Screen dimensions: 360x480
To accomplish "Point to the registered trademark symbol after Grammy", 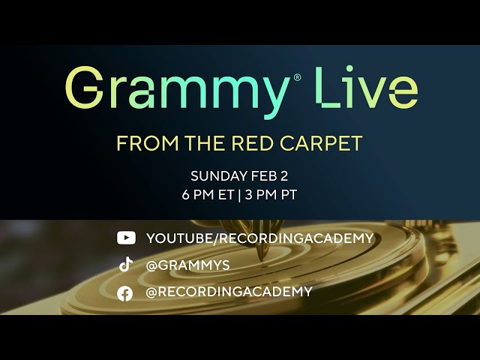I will click(x=297, y=77).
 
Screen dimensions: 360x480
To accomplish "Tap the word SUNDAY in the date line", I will click(x=218, y=177).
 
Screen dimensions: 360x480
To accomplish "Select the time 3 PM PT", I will click(x=271, y=194).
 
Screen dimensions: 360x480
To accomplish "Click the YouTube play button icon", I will click(x=126, y=238).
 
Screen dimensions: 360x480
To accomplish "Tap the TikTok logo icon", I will click(x=126, y=265).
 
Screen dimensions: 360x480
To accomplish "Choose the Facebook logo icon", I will click(x=126, y=292).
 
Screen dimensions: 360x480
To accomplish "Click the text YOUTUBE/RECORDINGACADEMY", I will click(x=259, y=238).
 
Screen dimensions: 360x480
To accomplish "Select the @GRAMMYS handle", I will click(x=188, y=265).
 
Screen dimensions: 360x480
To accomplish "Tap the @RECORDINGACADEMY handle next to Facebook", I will click(x=229, y=292).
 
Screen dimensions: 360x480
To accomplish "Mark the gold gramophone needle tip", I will click(x=262, y=259).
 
